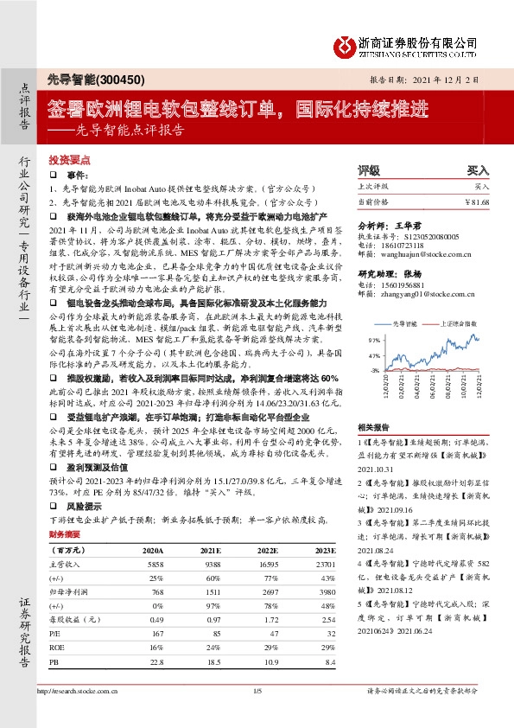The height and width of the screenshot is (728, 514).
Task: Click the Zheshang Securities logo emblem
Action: point(345,43)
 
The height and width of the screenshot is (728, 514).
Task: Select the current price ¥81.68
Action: point(476,201)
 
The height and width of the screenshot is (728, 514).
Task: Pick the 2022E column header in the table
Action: point(266,550)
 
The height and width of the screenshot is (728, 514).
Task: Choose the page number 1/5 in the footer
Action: point(257,691)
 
